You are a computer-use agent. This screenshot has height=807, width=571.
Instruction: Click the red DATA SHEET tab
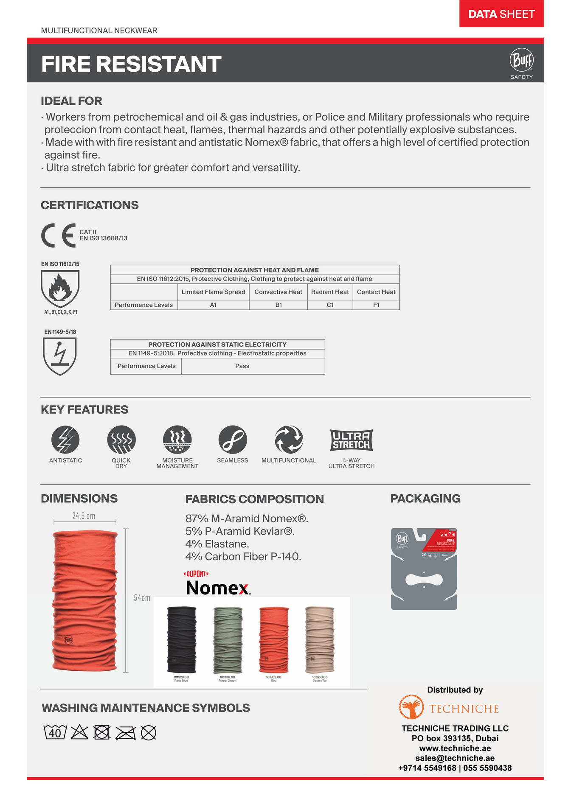pos(501,14)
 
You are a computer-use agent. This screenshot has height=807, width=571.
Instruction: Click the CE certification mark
pos(58,235)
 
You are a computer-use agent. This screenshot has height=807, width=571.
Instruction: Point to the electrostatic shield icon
pos(60,356)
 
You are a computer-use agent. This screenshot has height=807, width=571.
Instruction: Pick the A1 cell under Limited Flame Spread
pos(213,305)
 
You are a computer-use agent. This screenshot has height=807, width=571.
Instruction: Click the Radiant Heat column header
pos(330,292)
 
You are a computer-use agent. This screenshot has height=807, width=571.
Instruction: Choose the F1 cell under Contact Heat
pos(376,305)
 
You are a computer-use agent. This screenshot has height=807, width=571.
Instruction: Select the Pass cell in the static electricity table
pos(242,366)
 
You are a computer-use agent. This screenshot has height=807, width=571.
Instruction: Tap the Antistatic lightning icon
pos(65,440)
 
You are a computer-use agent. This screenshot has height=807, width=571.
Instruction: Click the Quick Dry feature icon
pos(121,440)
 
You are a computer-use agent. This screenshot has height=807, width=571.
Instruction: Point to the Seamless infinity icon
pos(233,440)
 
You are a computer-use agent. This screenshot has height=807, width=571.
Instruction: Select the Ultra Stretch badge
pos(352,440)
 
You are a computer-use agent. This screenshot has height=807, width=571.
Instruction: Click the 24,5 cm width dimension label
pos(84,516)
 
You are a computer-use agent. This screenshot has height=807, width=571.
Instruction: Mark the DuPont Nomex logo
pos(218,584)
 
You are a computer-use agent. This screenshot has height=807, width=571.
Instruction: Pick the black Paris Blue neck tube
pos(182,640)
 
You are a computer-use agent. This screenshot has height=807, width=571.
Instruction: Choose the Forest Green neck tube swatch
pos(228,640)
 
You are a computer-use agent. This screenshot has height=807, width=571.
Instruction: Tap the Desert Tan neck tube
pos(320,640)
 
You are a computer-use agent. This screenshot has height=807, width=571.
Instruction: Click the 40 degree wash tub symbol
pos(55,732)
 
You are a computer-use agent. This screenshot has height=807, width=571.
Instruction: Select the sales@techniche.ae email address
pos(455,758)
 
